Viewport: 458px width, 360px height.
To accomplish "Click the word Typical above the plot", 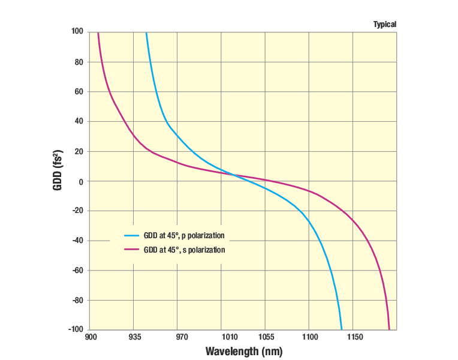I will pos(385,25).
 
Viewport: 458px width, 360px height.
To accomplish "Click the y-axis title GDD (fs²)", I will pos(58,170).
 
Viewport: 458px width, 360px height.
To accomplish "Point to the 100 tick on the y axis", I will pos(78,31).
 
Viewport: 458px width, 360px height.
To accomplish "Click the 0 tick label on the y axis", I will pos(82,181).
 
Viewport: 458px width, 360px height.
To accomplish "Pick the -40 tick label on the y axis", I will pos(78,241).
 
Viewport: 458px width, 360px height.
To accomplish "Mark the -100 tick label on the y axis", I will pos(76,329).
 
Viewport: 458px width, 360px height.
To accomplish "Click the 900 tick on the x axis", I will pos(91,338).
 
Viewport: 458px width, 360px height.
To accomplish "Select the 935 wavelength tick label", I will pos(134,338).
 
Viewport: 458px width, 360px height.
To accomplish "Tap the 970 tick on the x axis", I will pos(177,338).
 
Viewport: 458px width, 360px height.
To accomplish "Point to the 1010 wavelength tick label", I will pos(221,338).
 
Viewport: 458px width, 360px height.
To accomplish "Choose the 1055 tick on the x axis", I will pos(265,338).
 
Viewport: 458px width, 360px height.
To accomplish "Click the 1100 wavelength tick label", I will pos(309,338).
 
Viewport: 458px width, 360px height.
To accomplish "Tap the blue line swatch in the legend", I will pos(131,235).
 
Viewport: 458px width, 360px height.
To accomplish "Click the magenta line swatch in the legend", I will pos(131,250).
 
